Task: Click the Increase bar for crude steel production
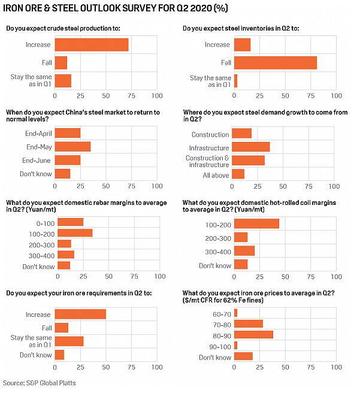coord(92,45)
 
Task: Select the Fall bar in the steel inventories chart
coord(276,62)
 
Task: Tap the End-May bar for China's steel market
coord(72,147)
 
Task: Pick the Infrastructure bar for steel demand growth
coord(250,147)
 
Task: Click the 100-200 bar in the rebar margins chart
coord(75,232)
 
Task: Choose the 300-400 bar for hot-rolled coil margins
coord(244,251)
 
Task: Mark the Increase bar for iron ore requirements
coord(80,314)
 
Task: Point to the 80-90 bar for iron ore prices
coord(253,334)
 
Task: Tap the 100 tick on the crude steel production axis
coord(157,95)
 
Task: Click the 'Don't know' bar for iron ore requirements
coord(59,355)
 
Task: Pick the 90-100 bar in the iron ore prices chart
coord(236,345)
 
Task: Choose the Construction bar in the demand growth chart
coord(241,134)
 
